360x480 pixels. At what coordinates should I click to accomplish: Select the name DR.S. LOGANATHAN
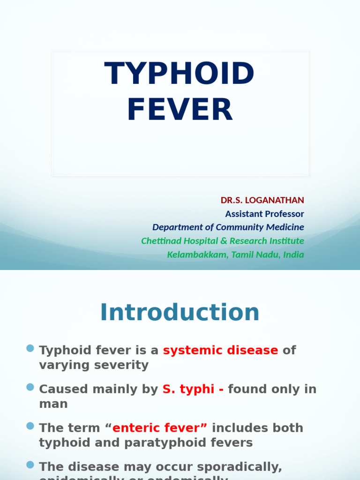(x=262, y=200)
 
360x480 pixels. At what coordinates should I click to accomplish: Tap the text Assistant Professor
(x=264, y=214)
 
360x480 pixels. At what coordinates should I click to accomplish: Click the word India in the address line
(x=293, y=255)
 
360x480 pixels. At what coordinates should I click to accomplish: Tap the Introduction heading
(x=180, y=312)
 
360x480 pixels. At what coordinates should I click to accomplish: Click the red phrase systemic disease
(x=220, y=350)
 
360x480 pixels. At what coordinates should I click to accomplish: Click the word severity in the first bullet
(x=122, y=365)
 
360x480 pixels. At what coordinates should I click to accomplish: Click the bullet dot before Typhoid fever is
(x=30, y=348)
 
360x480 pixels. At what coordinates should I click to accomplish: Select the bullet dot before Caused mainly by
(x=30, y=387)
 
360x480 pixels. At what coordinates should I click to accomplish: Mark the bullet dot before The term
(x=30, y=426)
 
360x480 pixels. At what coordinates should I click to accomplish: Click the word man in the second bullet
(x=53, y=404)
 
